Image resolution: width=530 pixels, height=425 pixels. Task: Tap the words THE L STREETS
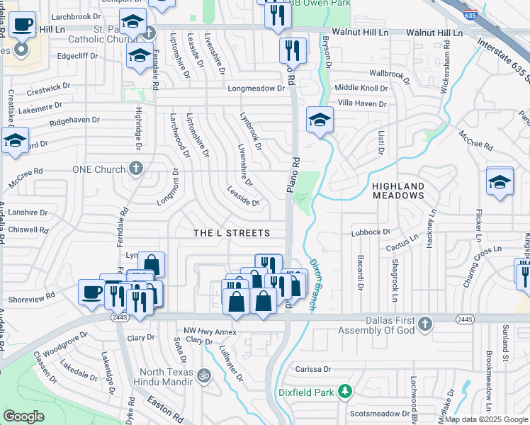click(232, 233)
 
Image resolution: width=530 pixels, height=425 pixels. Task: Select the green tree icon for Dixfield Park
click(344, 390)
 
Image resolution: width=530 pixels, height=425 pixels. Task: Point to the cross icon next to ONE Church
click(137, 169)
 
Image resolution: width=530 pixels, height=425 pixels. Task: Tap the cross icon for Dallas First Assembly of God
click(424, 324)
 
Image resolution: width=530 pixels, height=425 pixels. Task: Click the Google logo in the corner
click(24, 416)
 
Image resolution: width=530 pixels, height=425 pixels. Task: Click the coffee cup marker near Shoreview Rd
click(92, 292)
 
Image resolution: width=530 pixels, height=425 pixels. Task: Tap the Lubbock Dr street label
click(371, 232)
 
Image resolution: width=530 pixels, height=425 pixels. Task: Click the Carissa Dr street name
click(313, 369)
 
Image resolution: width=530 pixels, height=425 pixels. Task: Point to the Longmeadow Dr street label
click(260, 89)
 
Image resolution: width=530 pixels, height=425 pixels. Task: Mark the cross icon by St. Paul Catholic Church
click(149, 33)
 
